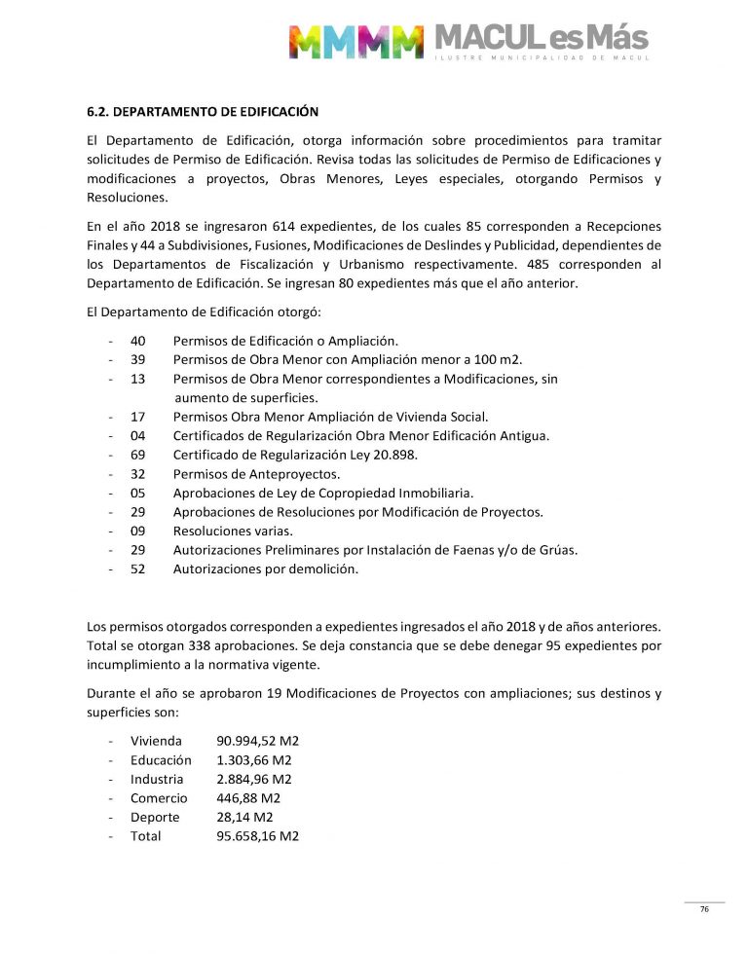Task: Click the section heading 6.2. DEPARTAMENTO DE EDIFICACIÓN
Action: point(203,112)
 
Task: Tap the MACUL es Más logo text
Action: point(540,39)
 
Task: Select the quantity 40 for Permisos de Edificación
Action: point(137,341)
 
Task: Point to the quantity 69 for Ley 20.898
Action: point(137,455)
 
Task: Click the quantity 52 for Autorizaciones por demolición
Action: point(137,569)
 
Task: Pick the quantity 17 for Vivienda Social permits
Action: point(137,417)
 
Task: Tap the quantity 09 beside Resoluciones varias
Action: point(137,531)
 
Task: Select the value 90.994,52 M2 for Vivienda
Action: point(257,741)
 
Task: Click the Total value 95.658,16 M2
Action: point(257,835)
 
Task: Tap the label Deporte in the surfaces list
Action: point(155,817)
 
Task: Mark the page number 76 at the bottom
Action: point(704,909)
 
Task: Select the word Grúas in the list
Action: point(558,550)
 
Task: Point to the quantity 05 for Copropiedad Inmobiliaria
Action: point(137,493)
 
